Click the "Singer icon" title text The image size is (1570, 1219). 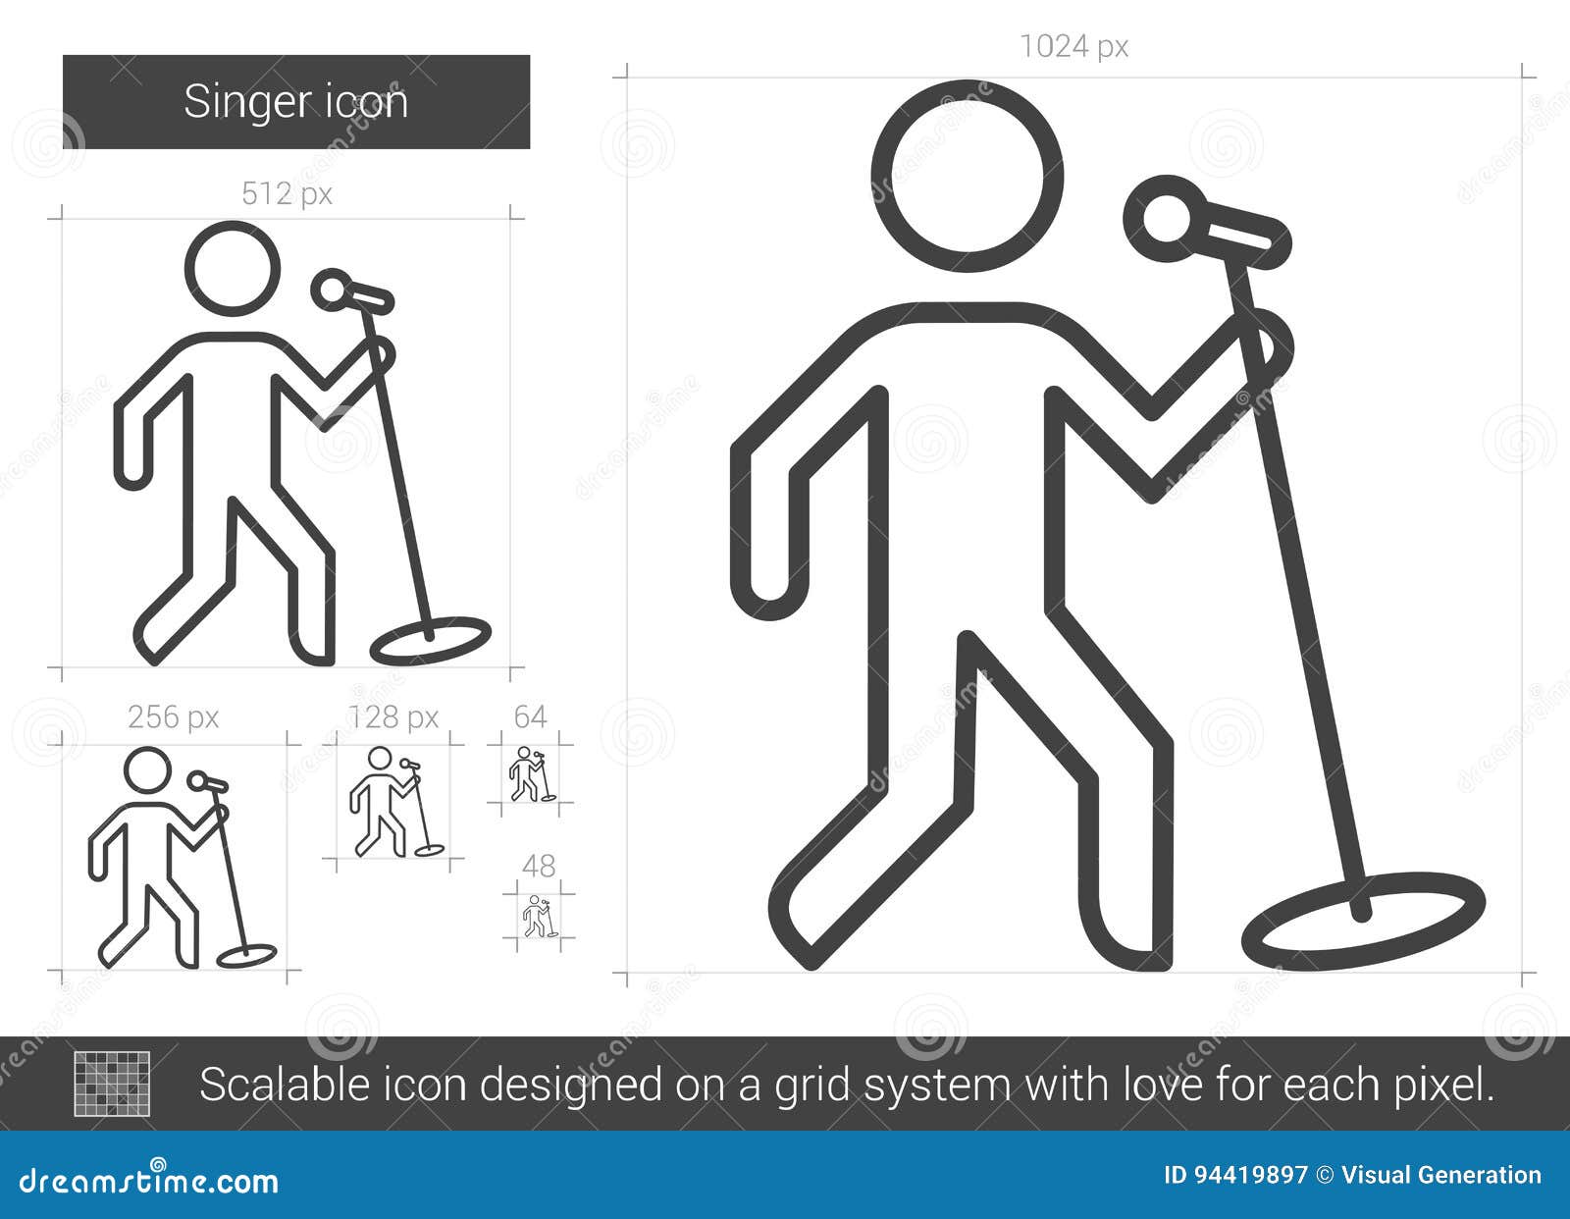(295, 102)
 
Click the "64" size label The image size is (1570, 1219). (530, 717)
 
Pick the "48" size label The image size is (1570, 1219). (539, 866)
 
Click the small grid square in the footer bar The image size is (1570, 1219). (112, 1084)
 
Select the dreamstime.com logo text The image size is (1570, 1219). (149, 1181)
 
